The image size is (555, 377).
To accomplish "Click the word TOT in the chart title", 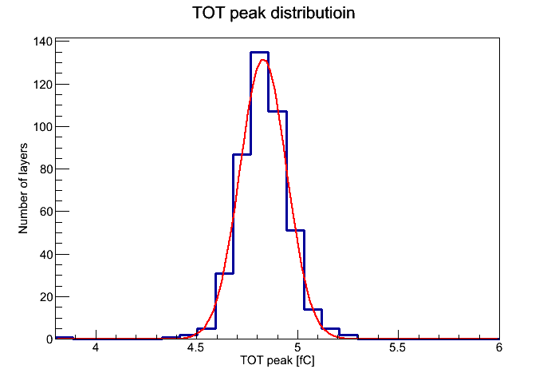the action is click(x=208, y=13).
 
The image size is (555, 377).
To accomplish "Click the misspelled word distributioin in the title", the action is click(x=313, y=13).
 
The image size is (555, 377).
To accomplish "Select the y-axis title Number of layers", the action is click(x=23, y=188).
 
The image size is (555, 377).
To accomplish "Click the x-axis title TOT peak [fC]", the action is click(x=277, y=361).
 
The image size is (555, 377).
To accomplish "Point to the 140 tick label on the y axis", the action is click(x=43, y=42).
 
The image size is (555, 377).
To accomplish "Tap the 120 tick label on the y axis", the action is click(x=43, y=85).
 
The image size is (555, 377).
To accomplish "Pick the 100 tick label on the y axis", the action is click(x=43, y=127).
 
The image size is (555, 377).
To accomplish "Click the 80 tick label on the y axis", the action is click(x=46, y=169).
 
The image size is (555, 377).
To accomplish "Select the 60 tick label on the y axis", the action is click(x=46, y=212).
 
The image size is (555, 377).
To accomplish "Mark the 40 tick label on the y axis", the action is click(x=46, y=254).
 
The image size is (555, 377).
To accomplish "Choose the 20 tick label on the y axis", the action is click(x=46, y=297).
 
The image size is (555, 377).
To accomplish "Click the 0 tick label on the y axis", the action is click(x=49, y=339).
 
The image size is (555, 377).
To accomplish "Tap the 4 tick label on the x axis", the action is click(x=96, y=347).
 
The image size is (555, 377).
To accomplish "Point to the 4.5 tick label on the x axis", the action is click(x=196, y=347).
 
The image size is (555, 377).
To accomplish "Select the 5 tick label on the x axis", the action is click(x=297, y=347).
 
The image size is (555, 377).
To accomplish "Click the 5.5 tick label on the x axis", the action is click(x=398, y=347).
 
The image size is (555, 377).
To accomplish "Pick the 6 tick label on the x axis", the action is click(x=498, y=347).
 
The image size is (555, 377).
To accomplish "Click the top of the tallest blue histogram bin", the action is click(x=259, y=53).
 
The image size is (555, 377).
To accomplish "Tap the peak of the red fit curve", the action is click(x=262, y=60).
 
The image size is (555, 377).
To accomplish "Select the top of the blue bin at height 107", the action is click(x=277, y=112).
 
